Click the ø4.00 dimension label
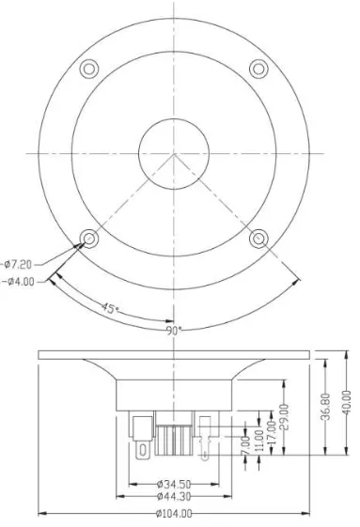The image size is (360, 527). pos(20,282)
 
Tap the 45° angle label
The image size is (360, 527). pos(110,308)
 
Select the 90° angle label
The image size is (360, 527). pos(174,331)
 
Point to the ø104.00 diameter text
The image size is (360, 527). pos(174,513)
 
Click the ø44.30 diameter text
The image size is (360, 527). pos(174,496)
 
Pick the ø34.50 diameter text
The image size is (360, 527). pos(174,485)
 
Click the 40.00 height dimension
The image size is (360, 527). pos(346,402)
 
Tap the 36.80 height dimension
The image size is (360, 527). pos(325,407)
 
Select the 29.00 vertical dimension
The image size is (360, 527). pos(284,417)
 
